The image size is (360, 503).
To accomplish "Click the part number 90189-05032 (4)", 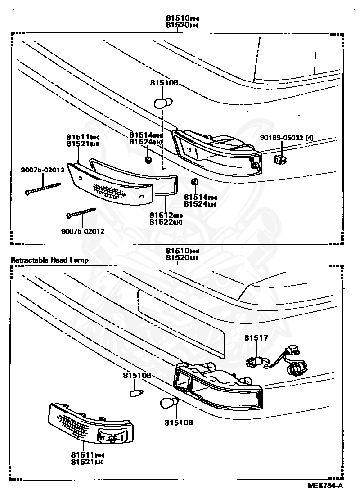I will (x=286, y=138).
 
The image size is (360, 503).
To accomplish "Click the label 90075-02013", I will (x=43, y=170).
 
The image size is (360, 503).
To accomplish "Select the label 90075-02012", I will (x=83, y=231).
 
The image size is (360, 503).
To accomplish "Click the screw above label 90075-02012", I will (x=81, y=212).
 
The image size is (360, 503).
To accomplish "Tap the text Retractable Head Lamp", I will (x=49, y=260).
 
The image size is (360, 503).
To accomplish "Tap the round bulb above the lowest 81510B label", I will (x=170, y=403).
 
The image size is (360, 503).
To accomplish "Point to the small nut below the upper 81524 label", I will (x=148, y=160).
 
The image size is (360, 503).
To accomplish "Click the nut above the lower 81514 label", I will (x=194, y=182).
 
